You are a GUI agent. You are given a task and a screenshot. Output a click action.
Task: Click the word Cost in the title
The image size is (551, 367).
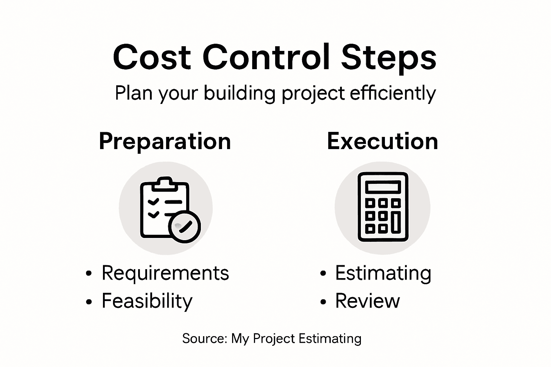pos(152,57)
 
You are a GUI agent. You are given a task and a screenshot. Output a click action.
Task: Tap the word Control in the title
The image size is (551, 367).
pos(266,57)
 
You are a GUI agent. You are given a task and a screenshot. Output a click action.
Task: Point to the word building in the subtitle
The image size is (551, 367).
pos(239,93)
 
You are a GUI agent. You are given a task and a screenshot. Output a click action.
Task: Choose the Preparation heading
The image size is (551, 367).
pos(165,142)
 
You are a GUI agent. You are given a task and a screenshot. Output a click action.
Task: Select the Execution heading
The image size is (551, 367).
pos(382,141)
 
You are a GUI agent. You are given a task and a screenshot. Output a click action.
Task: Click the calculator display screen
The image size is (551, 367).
pos(383,187)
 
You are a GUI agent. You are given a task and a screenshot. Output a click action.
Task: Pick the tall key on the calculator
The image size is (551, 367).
pos(396,222)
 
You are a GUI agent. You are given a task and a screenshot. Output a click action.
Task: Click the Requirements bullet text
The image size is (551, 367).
pos(165,273)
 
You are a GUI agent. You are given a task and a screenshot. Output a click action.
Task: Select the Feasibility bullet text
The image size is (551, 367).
pos(147,301)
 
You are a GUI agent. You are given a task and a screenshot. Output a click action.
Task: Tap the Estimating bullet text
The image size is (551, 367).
pos(383,273)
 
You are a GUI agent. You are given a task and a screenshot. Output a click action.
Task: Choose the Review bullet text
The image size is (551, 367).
pos(367,301)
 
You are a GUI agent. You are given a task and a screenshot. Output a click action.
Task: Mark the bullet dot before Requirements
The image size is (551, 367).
pos(89,274)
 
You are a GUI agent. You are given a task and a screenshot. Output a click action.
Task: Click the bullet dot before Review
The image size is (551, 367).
pos(323,302)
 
